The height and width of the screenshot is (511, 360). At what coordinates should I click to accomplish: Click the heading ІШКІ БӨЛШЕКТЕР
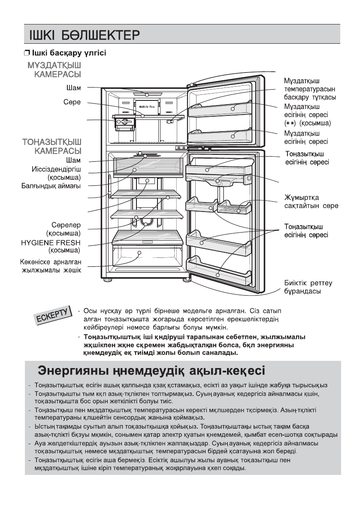click(x=84, y=34)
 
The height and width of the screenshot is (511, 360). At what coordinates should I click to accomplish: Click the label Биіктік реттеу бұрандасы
click(x=308, y=287)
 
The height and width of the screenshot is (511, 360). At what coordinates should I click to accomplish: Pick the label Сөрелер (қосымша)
click(x=64, y=229)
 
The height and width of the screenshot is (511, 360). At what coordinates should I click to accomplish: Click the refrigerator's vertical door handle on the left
click(x=109, y=187)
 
